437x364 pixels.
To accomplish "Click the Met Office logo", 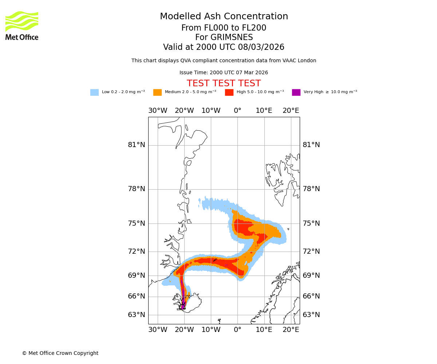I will [x=22, y=25].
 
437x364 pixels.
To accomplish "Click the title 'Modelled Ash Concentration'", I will [x=224, y=16].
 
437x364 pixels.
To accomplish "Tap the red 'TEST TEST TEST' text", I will [x=224, y=83].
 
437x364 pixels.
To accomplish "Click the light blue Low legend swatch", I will [x=94, y=92].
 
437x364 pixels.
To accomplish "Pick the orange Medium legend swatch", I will [x=157, y=92].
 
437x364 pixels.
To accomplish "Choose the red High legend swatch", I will [x=229, y=92].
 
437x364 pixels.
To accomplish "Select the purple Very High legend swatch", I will [x=296, y=92].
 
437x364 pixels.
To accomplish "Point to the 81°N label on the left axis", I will [x=136, y=145].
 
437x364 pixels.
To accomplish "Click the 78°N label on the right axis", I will [x=311, y=189].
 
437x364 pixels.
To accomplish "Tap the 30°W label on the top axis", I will [x=158, y=111].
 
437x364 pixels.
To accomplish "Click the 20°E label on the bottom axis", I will [x=291, y=330].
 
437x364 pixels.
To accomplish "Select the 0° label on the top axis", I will [x=237, y=111].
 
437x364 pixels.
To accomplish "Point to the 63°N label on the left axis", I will [x=136, y=315].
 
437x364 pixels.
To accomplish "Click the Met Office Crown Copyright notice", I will [x=60, y=353].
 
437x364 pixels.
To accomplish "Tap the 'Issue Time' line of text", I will [x=224, y=72].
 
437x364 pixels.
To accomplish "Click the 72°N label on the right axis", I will [x=311, y=252].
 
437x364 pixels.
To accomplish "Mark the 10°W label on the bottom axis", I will [x=211, y=330].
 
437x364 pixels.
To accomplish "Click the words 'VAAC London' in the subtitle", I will [x=302, y=61].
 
